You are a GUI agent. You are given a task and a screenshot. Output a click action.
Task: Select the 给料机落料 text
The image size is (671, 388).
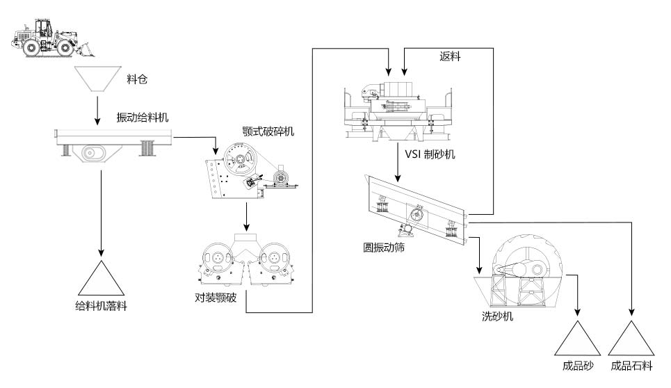click(x=102, y=305)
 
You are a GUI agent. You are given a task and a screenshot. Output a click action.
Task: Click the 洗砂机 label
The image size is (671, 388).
click(x=498, y=316)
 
